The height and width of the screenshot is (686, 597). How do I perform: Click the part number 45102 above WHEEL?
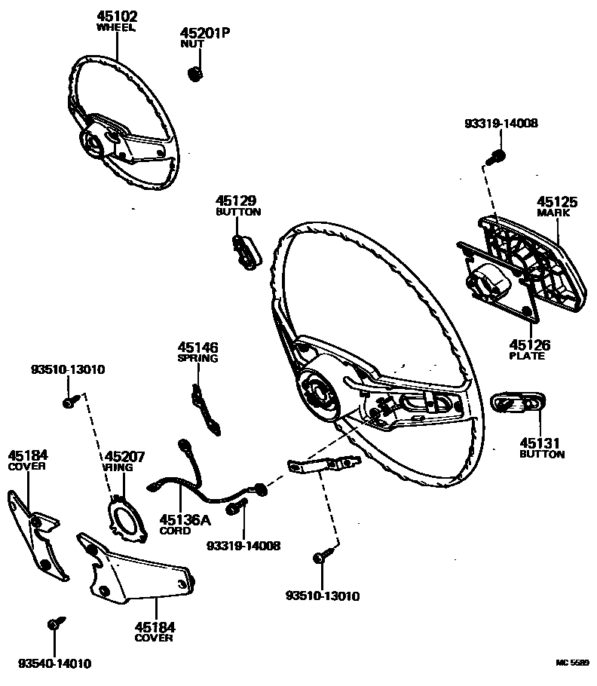116,16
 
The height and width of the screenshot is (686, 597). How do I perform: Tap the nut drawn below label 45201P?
194,73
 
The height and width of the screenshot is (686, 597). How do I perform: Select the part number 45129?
236,201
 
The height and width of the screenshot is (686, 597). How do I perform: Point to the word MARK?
553,213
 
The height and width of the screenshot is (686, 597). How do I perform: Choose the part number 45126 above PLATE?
530,345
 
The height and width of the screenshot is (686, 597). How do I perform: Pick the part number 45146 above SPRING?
197,348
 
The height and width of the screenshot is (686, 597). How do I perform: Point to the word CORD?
175,531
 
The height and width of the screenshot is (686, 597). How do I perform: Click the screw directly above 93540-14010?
54,624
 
